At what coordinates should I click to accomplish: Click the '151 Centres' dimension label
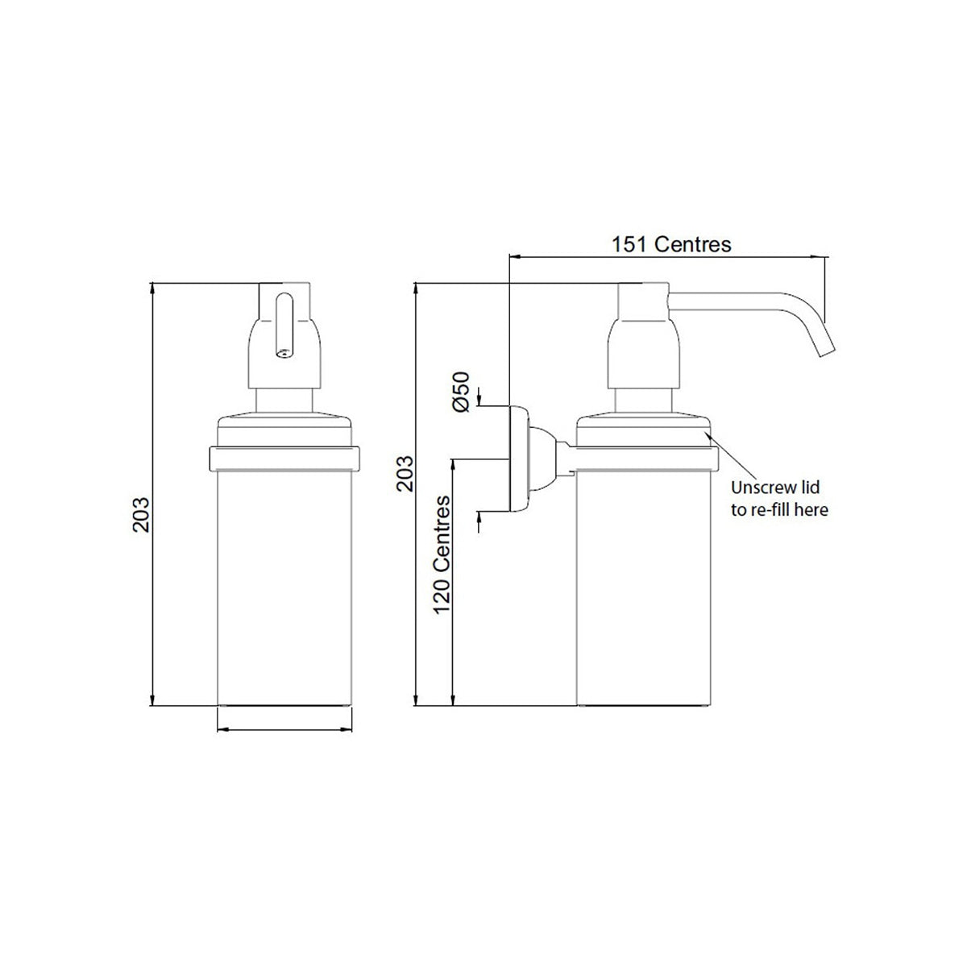(671, 244)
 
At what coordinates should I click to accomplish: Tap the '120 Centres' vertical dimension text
(442, 554)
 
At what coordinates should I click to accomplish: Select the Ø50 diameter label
(461, 392)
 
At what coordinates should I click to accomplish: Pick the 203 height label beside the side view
(405, 473)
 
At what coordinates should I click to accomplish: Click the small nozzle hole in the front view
(284, 353)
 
